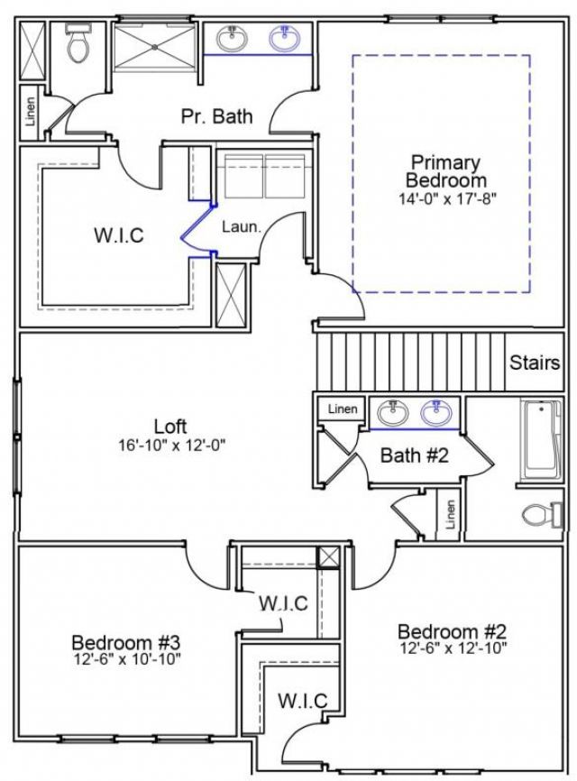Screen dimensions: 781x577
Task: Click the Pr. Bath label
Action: tap(216, 116)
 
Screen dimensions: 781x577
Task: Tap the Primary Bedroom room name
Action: tap(445, 171)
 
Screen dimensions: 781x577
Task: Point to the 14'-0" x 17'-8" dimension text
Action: tap(445, 197)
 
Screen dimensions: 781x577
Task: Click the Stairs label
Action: tap(535, 363)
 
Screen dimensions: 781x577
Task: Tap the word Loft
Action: tap(170, 427)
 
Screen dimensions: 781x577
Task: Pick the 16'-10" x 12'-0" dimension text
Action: tap(170, 445)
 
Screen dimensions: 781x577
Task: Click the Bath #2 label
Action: tap(414, 455)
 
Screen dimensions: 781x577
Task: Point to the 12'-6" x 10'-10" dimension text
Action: tap(127, 659)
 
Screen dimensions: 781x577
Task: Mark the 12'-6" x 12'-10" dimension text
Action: tap(453, 648)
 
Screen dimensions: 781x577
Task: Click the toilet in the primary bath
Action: tap(78, 43)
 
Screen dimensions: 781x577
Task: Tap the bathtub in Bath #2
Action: tap(543, 437)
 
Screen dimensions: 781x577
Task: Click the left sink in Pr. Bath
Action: tap(233, 38)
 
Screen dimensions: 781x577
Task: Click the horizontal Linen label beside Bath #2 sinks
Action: tap(342, 409)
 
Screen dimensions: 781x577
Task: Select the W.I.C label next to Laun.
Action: tap(119, 235)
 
